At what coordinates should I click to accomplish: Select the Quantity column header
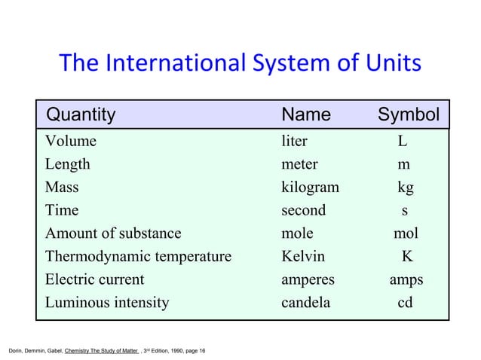pos(81,114)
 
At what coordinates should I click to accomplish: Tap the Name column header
pos(305,114)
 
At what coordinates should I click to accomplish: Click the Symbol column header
pos(408,114)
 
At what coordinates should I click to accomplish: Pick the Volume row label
pos(71,141)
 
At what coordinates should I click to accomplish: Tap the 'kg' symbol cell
pos(406,188)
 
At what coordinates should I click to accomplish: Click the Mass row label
pos(62,188)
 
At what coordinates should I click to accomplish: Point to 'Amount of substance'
pos(113,234)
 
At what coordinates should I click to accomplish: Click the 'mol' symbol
pos(406,234)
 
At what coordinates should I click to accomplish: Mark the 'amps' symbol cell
pos(406,280)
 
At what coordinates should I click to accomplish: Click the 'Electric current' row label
pos(94,280)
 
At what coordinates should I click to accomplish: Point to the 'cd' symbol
pos(406,304)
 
